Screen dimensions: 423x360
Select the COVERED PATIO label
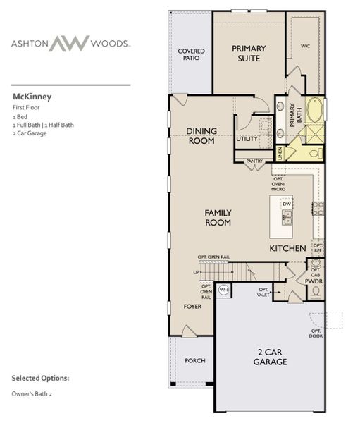pyautogui.click(x=191, y=55)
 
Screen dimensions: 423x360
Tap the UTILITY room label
pyautogui.click(x=247, y=139)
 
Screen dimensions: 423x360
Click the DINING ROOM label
pyautogui.click(x=201, y=135)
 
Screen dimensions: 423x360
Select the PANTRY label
pyautogui.click(x=254, y=161)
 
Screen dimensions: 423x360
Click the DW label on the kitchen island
pyautogui.click(x=287, y=202)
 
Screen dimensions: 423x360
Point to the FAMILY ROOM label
pyautogui.click(x=218, y=217)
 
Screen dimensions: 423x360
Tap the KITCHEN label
pyautogui.click(x=287, y=249)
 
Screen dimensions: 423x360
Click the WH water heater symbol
pyautogui.click(x=224, y=289)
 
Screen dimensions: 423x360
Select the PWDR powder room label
pyautogui.click(x=314, y=281)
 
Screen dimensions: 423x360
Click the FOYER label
pyautogui.click(x=192, y=307)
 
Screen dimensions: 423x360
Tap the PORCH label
pyautogui.click(x=194, y=360)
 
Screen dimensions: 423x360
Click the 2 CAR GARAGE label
pyautogui.click(x=271, y=357)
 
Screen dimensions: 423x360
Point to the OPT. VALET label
pyautogui.click(x=263, y=291)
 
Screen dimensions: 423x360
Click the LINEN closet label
pyautogui.click(x=280, y=153)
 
